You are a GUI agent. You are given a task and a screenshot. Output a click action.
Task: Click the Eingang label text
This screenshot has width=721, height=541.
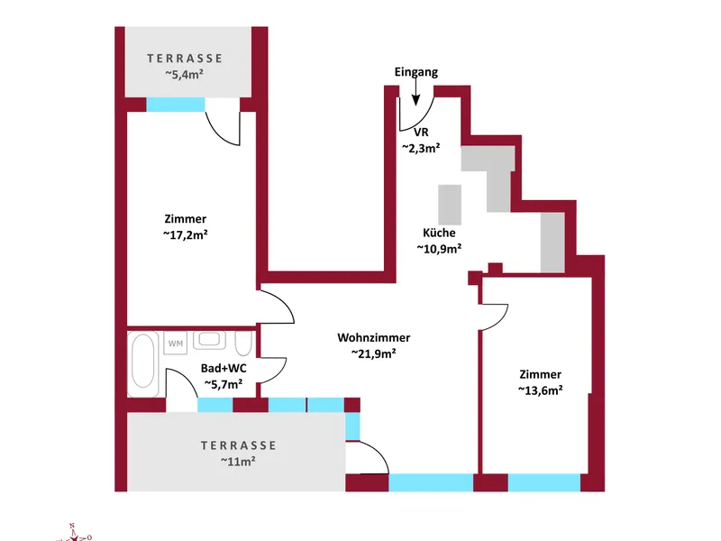(x=416, y=72)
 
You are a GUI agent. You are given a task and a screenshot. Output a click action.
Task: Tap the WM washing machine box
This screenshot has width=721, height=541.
(x=176, y=344)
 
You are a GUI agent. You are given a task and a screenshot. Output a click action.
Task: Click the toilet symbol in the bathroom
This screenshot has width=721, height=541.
(x=243, y=343)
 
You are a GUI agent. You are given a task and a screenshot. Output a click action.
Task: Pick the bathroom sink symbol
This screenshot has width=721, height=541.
(x=210, y=341)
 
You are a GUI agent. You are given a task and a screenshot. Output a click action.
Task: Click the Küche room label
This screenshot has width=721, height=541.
(x=439, y=233)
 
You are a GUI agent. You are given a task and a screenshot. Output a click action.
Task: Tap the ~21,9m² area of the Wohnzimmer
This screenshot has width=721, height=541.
(x=374, y=353)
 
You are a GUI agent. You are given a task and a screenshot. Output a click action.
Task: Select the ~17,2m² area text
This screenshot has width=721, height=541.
(x=186, y=234)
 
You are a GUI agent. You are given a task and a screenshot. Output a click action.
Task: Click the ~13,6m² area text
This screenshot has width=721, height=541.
(x=540, y=390)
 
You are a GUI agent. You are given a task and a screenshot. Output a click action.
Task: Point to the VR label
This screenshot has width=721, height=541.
(x=421, y=133)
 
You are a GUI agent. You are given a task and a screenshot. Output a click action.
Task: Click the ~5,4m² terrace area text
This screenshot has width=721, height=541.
(x=185, y=74)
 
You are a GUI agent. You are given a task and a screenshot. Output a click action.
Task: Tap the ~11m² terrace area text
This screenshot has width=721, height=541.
(x=238, y=461)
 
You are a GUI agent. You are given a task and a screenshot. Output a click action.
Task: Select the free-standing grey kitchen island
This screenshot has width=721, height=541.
(x=450, y=205)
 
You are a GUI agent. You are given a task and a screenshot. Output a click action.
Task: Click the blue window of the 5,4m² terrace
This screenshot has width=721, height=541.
(x=176, y=105)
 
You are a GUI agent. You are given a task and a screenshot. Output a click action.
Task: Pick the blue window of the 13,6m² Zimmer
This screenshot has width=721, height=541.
(x=544, y=482)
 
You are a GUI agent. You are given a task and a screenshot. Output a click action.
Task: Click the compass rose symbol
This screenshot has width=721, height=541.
(x=74, y=534)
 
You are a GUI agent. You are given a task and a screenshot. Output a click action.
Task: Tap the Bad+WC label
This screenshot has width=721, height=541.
(x=224, y=369)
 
